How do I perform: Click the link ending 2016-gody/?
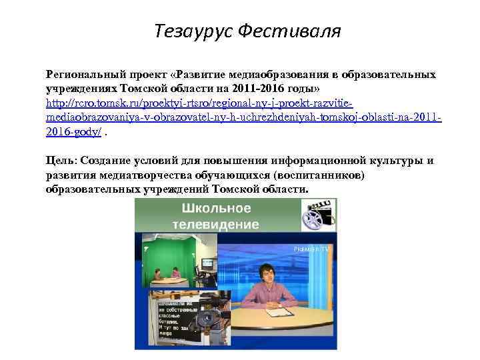click(74, 131)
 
